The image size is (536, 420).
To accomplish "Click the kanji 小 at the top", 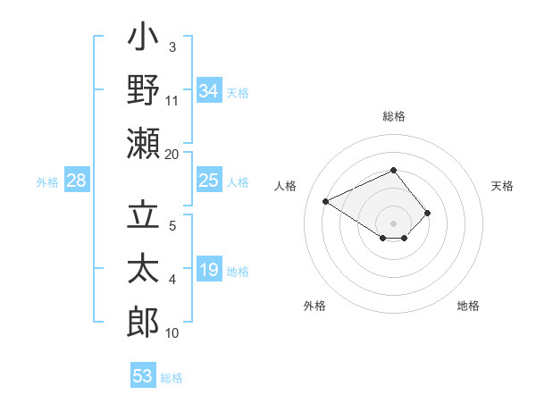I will (144, 39).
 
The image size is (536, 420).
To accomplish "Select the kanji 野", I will (144, 92).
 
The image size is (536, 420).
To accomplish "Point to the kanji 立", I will (144, 217).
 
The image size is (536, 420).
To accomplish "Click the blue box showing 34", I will (208, 90).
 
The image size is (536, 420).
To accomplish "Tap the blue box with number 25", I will (208, 181).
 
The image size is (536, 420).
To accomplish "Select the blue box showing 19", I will (208, 271).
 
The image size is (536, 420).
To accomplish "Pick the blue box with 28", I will (76, 181).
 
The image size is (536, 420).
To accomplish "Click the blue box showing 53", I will (143, 375).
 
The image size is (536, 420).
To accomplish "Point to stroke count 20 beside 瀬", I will (172, 155).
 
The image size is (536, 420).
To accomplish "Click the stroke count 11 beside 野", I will (172, 101).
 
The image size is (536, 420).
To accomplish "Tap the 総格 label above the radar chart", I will (393, 116).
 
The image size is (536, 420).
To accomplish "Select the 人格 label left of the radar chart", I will (286, 186).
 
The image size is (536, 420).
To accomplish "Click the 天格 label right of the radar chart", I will (503, 186).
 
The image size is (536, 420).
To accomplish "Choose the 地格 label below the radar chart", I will (468, 306).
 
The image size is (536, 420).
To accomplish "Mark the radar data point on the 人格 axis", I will (326, 201).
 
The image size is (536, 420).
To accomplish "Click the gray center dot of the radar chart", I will (393, 223).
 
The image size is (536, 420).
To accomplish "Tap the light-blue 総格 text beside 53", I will (172, 378).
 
